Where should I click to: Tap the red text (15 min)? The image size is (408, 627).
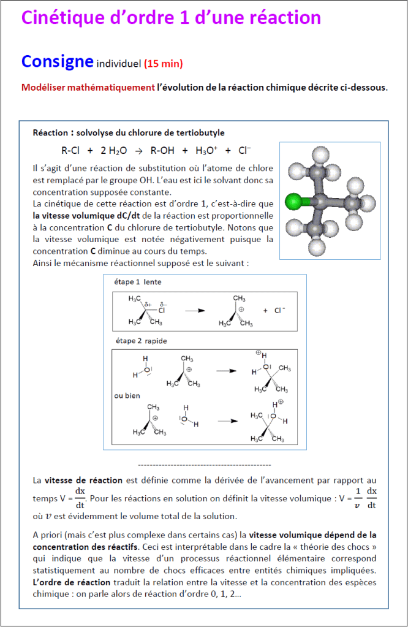point(164,64)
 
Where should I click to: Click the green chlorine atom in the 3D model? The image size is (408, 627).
point(293,200)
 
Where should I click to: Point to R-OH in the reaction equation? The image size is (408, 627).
point(164,150)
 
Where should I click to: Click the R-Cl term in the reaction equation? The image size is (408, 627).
point(70,150)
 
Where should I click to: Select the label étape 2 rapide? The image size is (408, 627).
point(140,341)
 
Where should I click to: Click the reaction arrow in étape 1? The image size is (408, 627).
point(194,311)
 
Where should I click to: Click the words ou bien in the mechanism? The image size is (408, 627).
point(127,396)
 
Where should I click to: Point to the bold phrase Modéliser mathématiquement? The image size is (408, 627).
point(88,88)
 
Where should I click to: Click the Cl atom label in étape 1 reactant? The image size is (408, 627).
point(162,310)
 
